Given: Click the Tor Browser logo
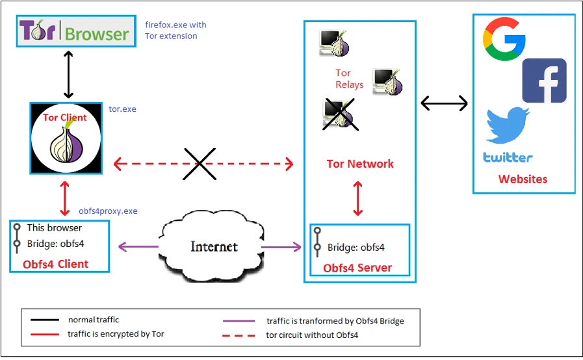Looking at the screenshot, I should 76,32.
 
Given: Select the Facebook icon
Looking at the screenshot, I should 544,81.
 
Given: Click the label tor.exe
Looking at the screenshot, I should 123,109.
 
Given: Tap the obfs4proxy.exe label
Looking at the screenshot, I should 108,211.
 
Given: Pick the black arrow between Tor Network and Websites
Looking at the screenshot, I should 445,103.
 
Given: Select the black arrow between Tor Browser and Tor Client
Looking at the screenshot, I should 66,73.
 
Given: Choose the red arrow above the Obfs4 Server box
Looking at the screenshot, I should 357,198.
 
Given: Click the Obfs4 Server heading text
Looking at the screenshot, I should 357,268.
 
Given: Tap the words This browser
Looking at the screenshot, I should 55,228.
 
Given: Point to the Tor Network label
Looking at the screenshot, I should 360,164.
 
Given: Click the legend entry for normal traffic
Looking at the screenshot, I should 94,320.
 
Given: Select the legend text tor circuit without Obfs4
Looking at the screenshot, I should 313,335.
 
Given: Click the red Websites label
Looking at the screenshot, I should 523,179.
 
